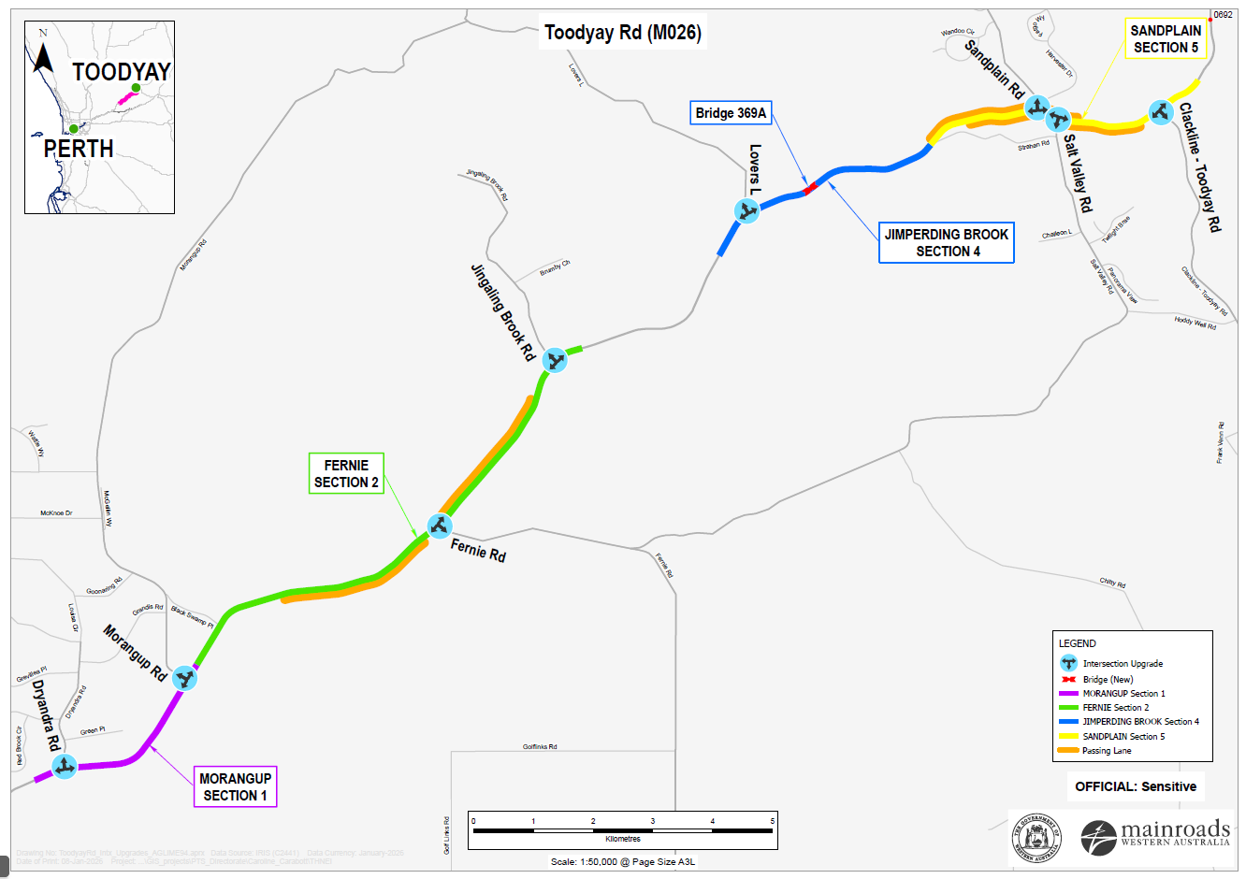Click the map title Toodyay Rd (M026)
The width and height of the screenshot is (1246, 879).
click(x=623, y=33)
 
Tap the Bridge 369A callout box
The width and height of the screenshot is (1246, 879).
click(x=731, y=113)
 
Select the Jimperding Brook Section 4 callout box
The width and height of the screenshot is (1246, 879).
click(x=947, y=243)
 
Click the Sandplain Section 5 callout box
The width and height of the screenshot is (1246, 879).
click(x=1166, y=39)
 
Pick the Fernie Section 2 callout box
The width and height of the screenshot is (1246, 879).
click(x=346, y=474)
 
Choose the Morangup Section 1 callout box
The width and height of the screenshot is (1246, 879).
click(x=236, y=786)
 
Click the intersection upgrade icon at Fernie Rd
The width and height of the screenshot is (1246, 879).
click(x=440, y=526)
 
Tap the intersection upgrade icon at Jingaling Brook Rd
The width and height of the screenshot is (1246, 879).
click(x=555, y=360)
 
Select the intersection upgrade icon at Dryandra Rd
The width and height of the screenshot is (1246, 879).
click(x=65, y=767)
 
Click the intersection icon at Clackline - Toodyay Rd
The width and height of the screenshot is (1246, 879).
click(x=1161, y=112)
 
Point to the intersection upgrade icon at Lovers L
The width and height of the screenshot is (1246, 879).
click(x=747, y=210)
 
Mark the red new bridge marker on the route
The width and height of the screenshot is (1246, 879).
click(x=810, y=188)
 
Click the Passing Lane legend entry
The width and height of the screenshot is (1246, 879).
click(x=1106, y=751)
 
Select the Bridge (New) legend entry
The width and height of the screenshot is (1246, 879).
click(x=1108, y=680)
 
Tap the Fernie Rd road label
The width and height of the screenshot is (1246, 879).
click(x=478, y=550)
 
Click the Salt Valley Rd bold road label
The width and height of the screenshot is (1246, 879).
click(x=1078, y=173)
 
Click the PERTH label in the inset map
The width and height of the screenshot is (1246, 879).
click(x=79, y=149)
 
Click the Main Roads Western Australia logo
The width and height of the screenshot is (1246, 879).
click(x=1154, y=835)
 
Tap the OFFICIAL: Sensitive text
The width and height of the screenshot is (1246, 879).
click(x=1135, y=786)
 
